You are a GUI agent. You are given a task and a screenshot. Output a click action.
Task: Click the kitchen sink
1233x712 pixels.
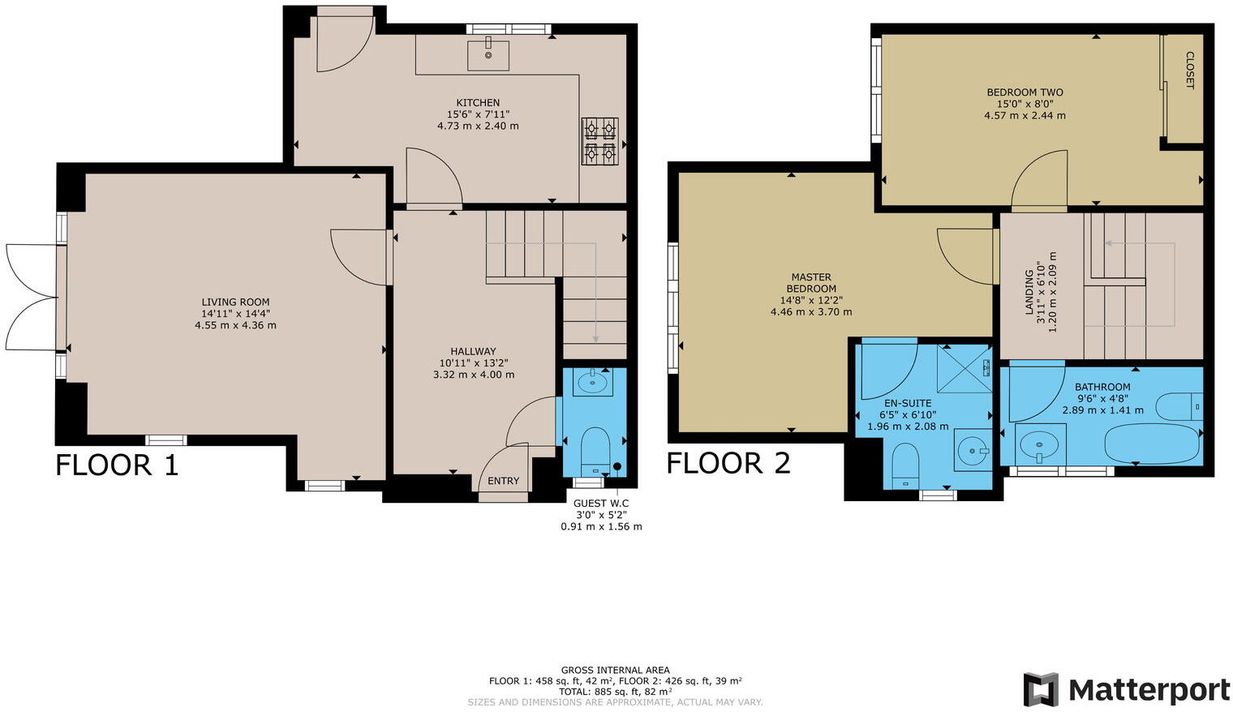[488, 54]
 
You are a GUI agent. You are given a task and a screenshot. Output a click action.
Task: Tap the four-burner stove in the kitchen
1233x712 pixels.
[599, 141]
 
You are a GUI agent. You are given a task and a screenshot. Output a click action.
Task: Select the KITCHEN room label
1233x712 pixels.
[478, 103]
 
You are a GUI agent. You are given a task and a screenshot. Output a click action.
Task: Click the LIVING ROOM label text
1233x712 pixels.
[235, 302]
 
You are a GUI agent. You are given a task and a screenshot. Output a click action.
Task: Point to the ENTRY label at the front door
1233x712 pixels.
[503, 481]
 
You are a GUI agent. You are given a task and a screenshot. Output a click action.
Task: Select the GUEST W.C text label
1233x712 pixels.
[601, 504]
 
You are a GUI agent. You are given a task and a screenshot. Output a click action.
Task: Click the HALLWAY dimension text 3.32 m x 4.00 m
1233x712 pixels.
[474, 375]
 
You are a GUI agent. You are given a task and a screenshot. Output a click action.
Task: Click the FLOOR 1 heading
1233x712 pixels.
[117, 465]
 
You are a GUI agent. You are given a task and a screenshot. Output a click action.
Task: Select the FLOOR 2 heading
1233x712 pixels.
[728, 463]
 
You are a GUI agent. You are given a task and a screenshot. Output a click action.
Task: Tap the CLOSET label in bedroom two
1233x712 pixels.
[1189, 70]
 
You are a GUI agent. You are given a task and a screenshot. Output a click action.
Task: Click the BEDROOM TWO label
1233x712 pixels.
[1025, 92]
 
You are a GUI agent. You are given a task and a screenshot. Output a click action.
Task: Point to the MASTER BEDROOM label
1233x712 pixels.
[811, 283]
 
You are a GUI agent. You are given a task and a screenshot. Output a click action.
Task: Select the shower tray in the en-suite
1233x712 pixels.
[964, 368]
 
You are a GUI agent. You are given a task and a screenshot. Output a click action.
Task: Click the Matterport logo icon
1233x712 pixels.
[1041, 689]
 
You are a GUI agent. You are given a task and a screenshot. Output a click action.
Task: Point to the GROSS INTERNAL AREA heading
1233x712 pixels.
[615, 670]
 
